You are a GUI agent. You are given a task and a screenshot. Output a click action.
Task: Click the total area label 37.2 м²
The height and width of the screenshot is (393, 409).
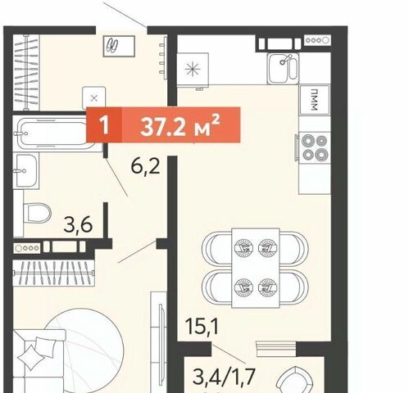click(180, 125)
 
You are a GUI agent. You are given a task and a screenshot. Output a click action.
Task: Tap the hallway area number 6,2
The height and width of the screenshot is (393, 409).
click(145, 166)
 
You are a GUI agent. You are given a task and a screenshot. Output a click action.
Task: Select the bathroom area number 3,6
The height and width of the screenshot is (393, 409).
click(78, 225)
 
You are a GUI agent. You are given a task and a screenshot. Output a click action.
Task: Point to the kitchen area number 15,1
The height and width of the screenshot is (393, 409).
click(202, 326)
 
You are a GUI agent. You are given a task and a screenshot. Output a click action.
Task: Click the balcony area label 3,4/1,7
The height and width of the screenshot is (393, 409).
click(224, 376)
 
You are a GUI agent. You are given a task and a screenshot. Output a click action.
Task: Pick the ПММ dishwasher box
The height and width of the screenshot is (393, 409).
click(315, 99)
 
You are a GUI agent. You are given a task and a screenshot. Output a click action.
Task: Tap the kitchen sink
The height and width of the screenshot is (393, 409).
click(283, 69)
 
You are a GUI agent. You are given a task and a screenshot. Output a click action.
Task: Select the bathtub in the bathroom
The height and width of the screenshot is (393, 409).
click(54, 133)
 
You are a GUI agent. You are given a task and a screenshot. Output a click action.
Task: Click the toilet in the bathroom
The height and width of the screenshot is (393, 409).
click(37, 213)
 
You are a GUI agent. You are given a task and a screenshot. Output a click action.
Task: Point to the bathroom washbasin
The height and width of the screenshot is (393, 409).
click(26, 171)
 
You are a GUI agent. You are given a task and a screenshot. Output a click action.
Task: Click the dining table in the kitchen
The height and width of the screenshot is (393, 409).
click(256, 268)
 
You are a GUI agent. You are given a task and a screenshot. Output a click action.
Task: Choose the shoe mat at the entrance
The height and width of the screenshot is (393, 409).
click(119, 46)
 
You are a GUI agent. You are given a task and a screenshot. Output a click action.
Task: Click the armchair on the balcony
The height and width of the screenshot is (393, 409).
click(294, 380)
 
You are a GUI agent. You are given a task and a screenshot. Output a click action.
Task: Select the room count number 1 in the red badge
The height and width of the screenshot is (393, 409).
click(104, 125)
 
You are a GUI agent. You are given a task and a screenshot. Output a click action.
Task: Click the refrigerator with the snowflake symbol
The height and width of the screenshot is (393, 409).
click(193, 70)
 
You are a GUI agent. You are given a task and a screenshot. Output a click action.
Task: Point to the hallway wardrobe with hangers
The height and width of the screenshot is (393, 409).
click(26, 72)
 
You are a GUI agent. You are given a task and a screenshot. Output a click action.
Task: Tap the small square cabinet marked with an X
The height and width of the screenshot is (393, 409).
click(94, 98)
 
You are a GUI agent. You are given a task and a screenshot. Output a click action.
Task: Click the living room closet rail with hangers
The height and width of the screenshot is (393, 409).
click(53, 273)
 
